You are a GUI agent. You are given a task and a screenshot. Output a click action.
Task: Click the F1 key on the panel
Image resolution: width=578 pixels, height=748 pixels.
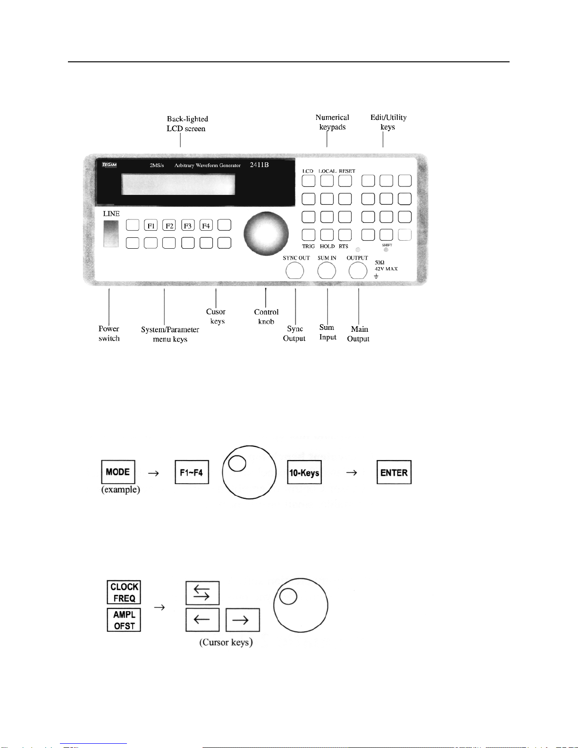tap(151, 226)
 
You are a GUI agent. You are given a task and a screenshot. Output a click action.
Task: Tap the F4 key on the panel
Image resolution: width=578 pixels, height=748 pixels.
tap(206, 226)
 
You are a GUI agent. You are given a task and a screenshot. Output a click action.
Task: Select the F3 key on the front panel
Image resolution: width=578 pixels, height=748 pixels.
tap(188, 226)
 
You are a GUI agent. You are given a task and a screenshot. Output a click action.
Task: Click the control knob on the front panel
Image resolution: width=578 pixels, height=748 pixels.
tap(266, 234)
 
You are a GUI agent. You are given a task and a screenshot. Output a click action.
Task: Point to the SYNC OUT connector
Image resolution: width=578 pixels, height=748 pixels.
tap(295, 271)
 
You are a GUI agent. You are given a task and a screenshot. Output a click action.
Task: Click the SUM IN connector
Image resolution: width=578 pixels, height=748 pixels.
tap(327, 271)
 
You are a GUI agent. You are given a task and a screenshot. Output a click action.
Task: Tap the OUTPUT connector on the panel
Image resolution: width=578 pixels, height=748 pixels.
tap(358, 271)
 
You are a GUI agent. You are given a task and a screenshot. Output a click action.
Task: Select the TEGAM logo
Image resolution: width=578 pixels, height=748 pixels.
tap(109, 165)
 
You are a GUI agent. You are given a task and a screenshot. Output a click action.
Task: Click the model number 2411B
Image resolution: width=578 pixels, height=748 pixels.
tap(260, 165)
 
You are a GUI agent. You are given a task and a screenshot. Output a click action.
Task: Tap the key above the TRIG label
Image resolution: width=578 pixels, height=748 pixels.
tap(309, 235)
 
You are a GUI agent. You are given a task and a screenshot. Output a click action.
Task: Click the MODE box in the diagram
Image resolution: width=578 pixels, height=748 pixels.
tap(118, 472)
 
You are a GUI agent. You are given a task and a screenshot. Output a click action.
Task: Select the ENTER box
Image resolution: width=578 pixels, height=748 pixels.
tap(394, 472)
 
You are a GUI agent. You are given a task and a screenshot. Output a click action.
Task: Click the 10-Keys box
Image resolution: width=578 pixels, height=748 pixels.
tap(304, 472)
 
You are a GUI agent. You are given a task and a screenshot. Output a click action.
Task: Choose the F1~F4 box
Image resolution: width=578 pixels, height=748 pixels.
tap(192, 472)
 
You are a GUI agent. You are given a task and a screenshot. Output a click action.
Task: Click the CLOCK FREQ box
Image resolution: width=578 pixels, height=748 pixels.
tap(124, 592)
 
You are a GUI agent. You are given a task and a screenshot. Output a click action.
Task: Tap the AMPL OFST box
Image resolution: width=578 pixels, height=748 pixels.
tap(124, 620)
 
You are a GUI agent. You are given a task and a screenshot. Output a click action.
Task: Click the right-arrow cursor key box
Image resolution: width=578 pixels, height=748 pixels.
tap(243, 620)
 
